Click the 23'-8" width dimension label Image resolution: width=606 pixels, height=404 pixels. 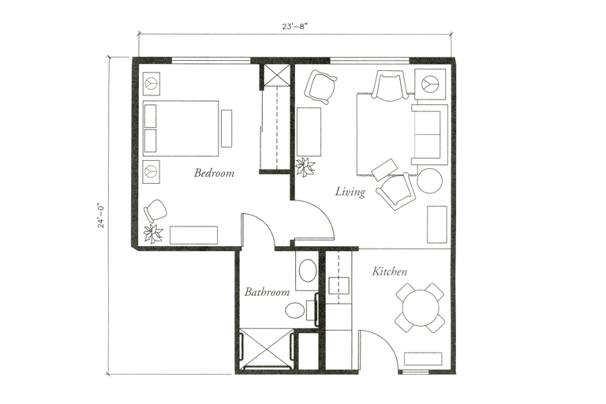[x=294, y=27]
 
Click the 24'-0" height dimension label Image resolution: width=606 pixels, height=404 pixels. [x=101, y=215]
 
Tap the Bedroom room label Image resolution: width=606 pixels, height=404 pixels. [x=214, y=173]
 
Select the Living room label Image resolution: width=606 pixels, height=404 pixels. [x=350, y=193]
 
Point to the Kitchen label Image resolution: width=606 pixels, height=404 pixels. [x=390, y=271]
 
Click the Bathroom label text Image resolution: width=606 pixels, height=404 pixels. [x=267, y=291]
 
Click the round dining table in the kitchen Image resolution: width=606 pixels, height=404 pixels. [x=421, y=308]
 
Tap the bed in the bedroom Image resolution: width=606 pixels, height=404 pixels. [x=181, y=129]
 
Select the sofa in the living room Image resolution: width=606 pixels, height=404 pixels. [x=429, y=134]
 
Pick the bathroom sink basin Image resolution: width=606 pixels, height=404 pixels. [x=308, y=271]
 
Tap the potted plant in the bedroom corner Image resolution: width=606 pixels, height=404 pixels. [x=153, y=234]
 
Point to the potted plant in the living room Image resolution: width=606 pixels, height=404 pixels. [x=305, y=167]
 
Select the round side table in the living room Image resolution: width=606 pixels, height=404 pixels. [x=430, y=180]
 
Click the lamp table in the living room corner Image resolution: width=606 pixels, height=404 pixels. [x=431, y=84]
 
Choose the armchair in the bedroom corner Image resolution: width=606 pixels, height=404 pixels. [x=155, y=211]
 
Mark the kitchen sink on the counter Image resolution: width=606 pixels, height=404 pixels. [x=339, y=286]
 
